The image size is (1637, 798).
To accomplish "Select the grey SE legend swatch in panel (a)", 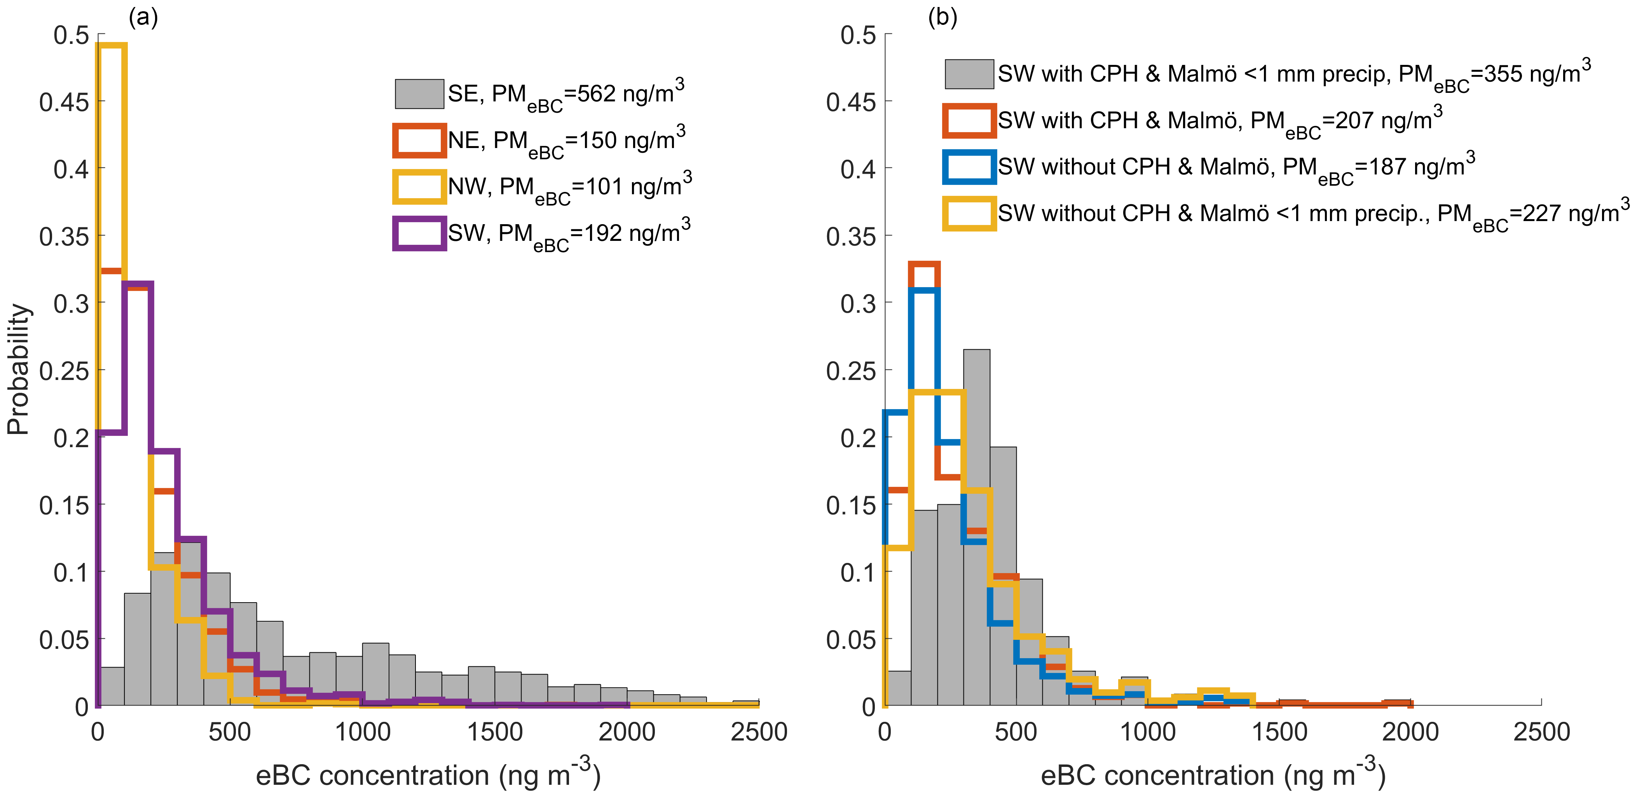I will pyautogui.click(x=419, y=94).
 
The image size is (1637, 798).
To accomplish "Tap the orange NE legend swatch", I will pyautogui.click(x=419, y=140).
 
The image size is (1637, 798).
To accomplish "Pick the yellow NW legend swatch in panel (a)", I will pyautogui.click(x=419, y=187).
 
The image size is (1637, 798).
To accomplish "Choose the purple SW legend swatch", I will pyautogui.click(x=419, y=233).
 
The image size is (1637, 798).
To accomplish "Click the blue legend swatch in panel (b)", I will pyautogui.click(x=969, y=166).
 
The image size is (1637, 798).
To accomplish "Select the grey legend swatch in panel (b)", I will pyautogui.click(x=969, y=74).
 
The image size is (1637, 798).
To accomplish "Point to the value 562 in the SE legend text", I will pyautogui.click(x=596, y=94).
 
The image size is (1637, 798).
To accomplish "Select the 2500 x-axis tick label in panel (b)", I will pyautogui.click(x=1541, y=732).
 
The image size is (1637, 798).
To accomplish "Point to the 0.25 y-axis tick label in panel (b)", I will pyautogui.click(x=852, y=370).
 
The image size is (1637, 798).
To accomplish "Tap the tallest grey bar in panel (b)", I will pyautogui.click(x=977, y=527).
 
